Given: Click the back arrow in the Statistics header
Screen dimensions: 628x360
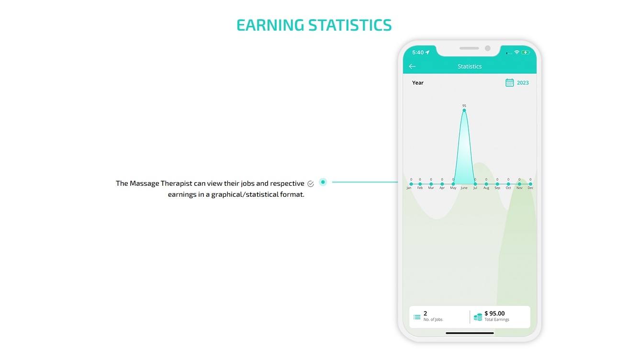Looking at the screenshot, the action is tap(412, 67).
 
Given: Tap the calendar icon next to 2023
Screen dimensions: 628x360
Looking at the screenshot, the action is tap(509, 83).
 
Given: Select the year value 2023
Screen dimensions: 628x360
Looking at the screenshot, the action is tap(523, 83).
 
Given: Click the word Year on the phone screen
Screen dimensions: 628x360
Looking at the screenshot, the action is tap(417, 83).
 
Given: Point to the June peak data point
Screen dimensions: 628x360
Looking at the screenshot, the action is tap(464, 111).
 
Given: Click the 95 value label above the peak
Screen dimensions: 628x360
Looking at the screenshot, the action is tap(464, 106).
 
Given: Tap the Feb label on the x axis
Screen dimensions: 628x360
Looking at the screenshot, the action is tap(420, 188).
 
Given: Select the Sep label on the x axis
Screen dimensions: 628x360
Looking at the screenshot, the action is tap(497, 188).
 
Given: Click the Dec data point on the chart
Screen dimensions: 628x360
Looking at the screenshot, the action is tap(530, 184).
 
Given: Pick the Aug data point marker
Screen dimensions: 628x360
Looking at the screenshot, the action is tap(486, 184).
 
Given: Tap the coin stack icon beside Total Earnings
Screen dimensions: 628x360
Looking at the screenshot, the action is tap(478, 317).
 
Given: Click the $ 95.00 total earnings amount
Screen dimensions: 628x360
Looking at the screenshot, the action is tap(494, 314).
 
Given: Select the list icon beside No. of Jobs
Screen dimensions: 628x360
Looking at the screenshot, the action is tap(417, 317).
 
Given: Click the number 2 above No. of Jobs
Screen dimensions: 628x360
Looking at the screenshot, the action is tap(426, 314).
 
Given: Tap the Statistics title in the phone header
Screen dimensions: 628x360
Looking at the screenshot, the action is tap(470, 67).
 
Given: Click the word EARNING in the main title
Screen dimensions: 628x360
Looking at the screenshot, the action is tap(270, 25).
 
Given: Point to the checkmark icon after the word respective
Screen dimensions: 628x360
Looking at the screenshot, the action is tap(310, 184).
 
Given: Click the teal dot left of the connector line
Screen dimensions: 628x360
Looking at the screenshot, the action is tap(323, 182).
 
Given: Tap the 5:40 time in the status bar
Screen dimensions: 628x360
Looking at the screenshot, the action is tap(418, 53).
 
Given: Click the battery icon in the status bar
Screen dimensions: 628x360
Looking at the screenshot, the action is tap(526, 53).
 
